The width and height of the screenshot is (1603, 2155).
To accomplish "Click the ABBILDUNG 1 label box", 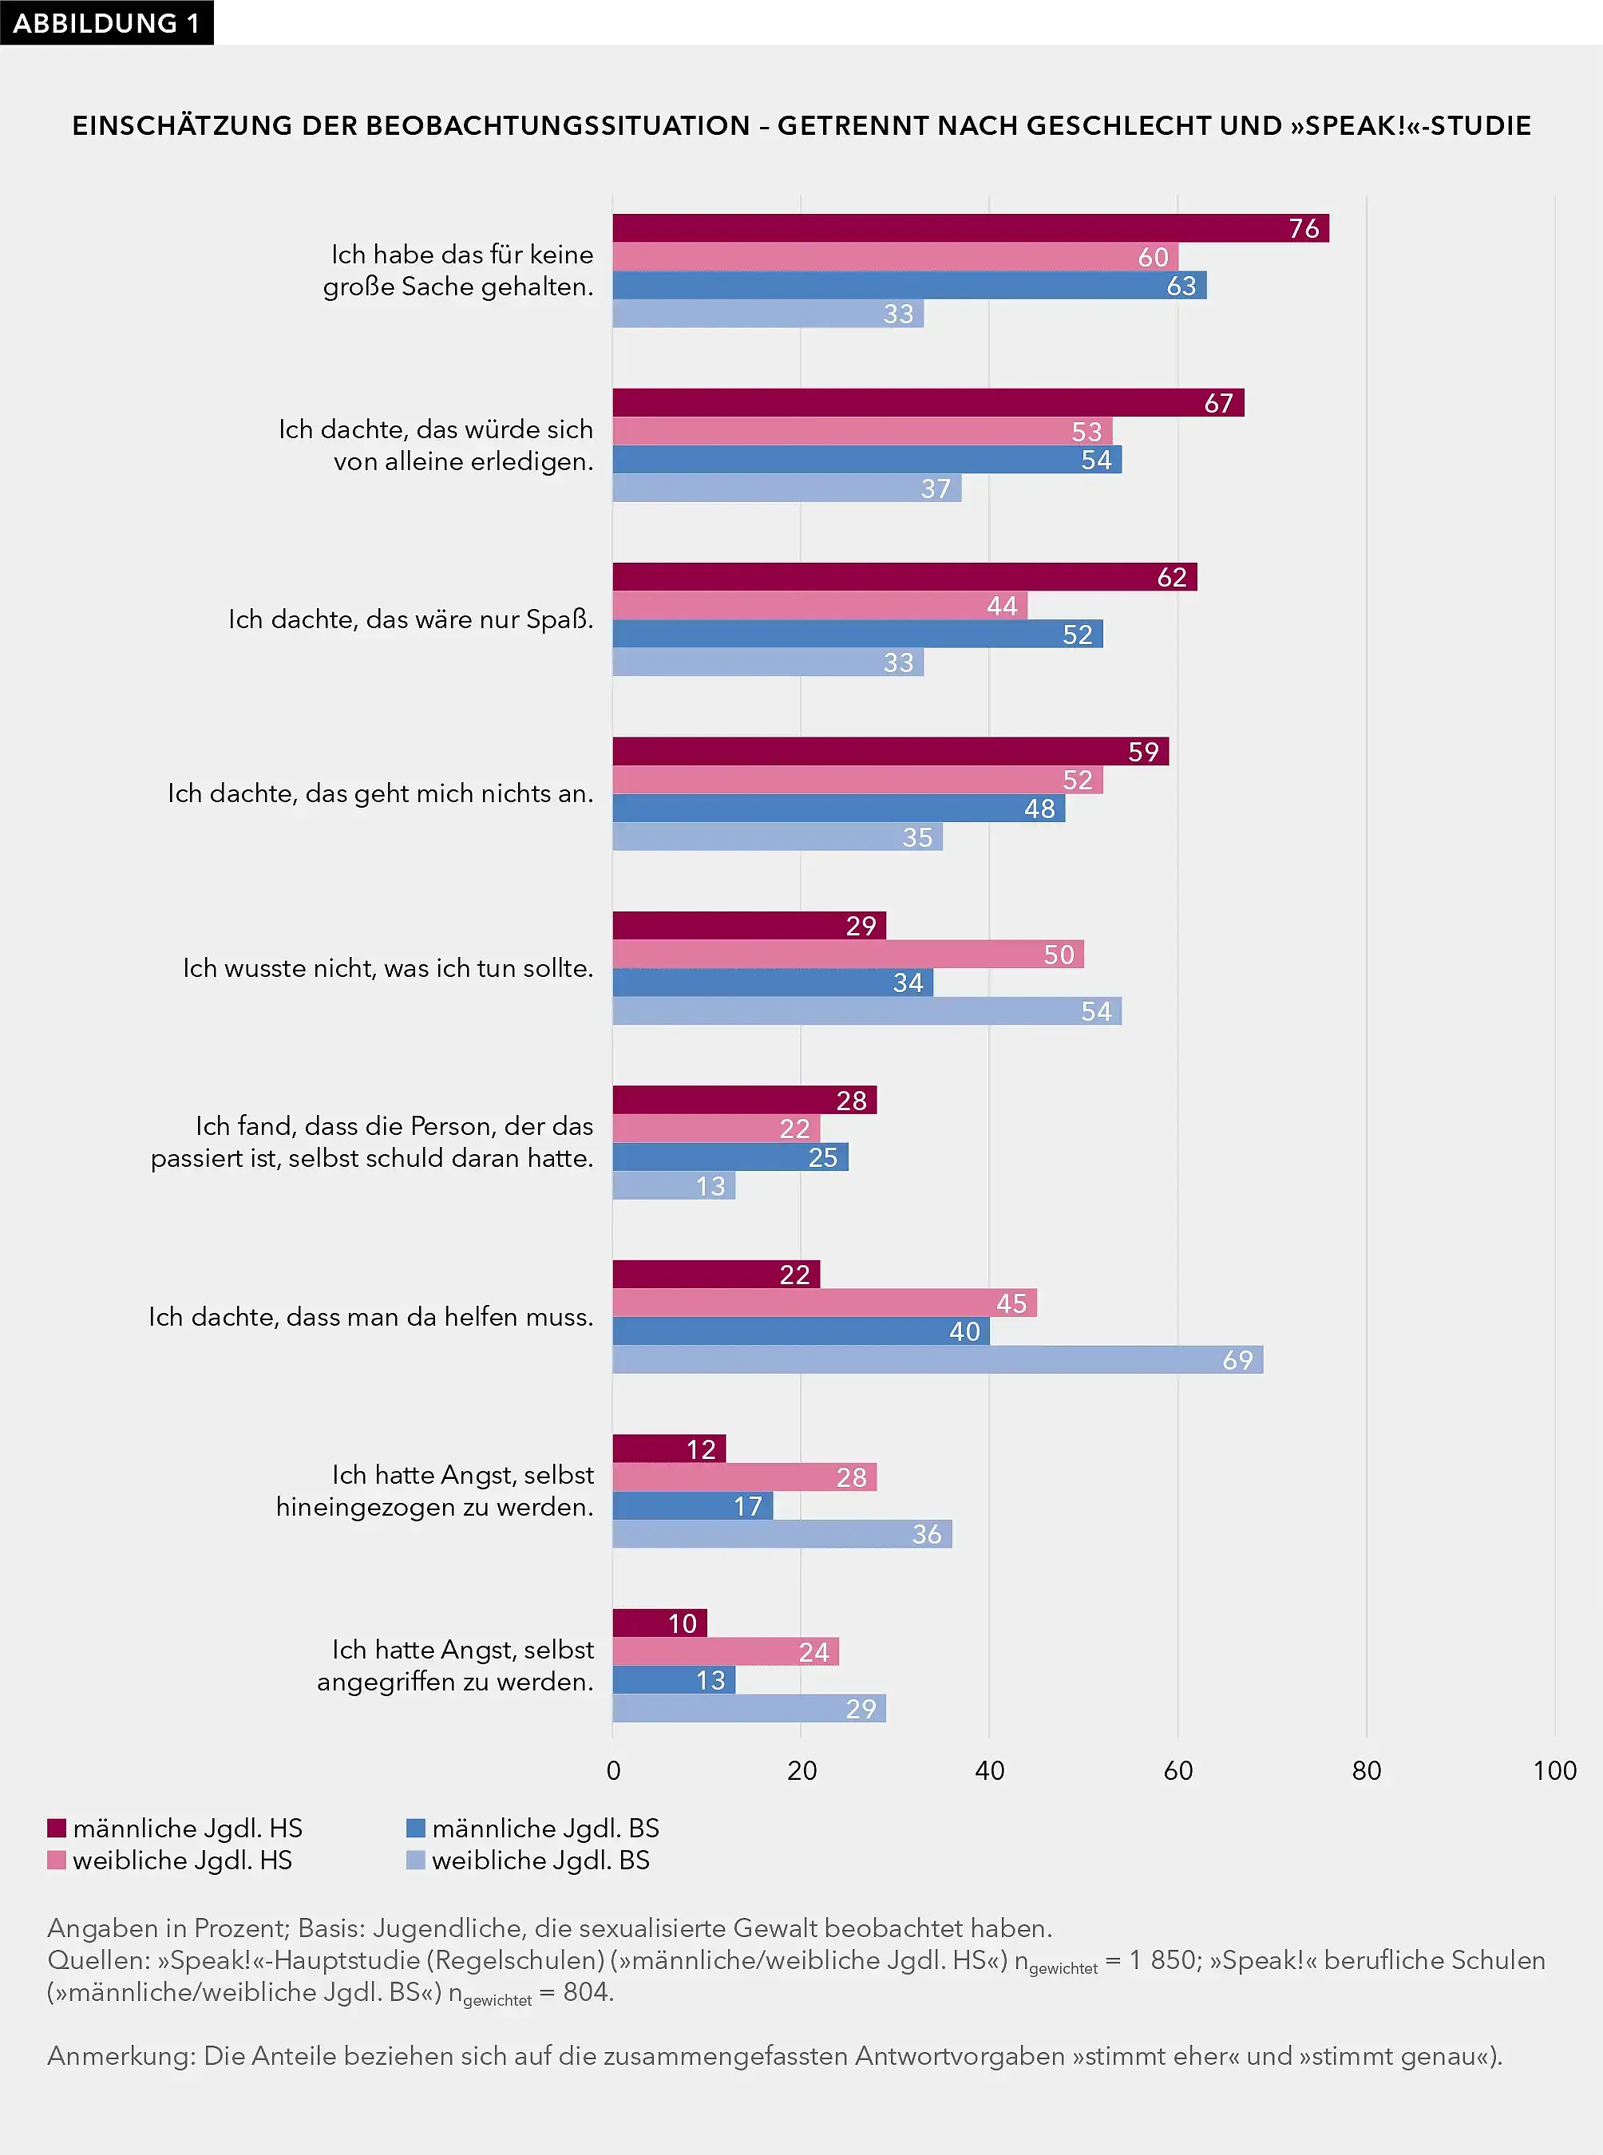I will pyautogui.click(x=105, y=22).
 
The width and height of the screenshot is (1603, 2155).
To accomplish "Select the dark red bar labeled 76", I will pyautogui.click(x=970, y=228).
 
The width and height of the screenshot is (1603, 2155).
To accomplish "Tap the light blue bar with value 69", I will pyautogui.click(x=936, y=1359).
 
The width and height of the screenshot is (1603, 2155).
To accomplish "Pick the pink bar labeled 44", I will pyautogui.click(x=819, y=606).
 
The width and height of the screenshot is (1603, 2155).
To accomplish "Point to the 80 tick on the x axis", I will pyautogui.click(x=1365, y=1771).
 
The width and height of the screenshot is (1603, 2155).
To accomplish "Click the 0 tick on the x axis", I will pyautogui.click(x=613, y=1771).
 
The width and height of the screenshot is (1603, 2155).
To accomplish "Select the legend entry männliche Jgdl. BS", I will pyautogui.click(x=544, y=1828).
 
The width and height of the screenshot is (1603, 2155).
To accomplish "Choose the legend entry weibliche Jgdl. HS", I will pyautogui.click(x=181, y=1860).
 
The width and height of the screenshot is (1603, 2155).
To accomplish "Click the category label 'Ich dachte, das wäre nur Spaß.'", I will pyautogui.click(x=410, y=619).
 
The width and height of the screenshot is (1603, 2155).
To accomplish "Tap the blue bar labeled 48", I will pyautogui.click(x=838, y=809).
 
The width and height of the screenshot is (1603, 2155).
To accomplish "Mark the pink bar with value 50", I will pyautogui.click(x=847, y=954).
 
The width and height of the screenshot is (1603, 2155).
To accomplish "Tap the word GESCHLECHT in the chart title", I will pyautogui.click(x=1154, y=125).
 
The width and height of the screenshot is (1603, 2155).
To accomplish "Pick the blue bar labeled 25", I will pyautogui.click(x=730, y=1157).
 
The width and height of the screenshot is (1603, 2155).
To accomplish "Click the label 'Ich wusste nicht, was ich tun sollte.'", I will pyautogui.click(x=387, y=967).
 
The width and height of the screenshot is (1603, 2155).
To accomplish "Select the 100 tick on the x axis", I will pyautogui.click(x=1554, y=1771).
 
